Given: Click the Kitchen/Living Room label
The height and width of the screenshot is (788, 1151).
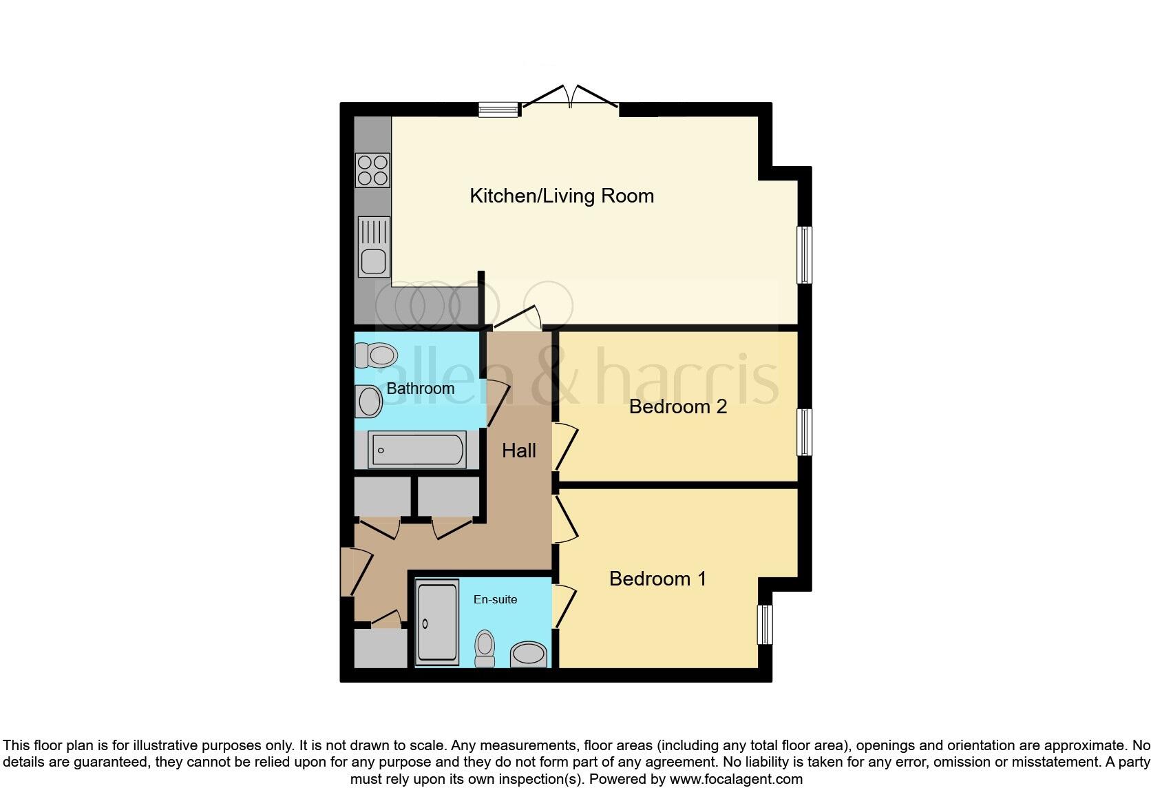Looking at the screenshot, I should [561, 196].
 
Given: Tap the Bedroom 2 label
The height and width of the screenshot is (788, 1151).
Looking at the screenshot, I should [677, 406].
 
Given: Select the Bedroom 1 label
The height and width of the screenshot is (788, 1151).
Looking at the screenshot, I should [657, 579].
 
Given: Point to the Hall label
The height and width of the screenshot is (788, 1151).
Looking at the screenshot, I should [518, 450].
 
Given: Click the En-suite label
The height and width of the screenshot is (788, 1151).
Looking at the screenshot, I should [495, 599].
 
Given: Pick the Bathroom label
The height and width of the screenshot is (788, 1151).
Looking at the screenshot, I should [420, 388].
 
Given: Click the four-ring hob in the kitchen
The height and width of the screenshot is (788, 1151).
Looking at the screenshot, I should [372, 170].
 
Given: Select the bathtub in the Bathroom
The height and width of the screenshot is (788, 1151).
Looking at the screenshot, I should [417, 450].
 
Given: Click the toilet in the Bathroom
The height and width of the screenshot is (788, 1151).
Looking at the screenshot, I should [376, 355].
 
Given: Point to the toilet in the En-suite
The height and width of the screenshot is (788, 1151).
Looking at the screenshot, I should [485, 647].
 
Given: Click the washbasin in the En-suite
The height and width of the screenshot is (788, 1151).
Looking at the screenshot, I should [528, 654].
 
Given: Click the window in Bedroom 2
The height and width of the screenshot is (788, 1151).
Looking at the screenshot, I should [804, 432].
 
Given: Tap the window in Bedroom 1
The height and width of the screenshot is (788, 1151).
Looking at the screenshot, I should [765, 625].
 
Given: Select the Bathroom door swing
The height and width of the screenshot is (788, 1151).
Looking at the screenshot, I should [497, 403].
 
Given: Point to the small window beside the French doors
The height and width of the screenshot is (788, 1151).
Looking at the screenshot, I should [498, 109].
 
